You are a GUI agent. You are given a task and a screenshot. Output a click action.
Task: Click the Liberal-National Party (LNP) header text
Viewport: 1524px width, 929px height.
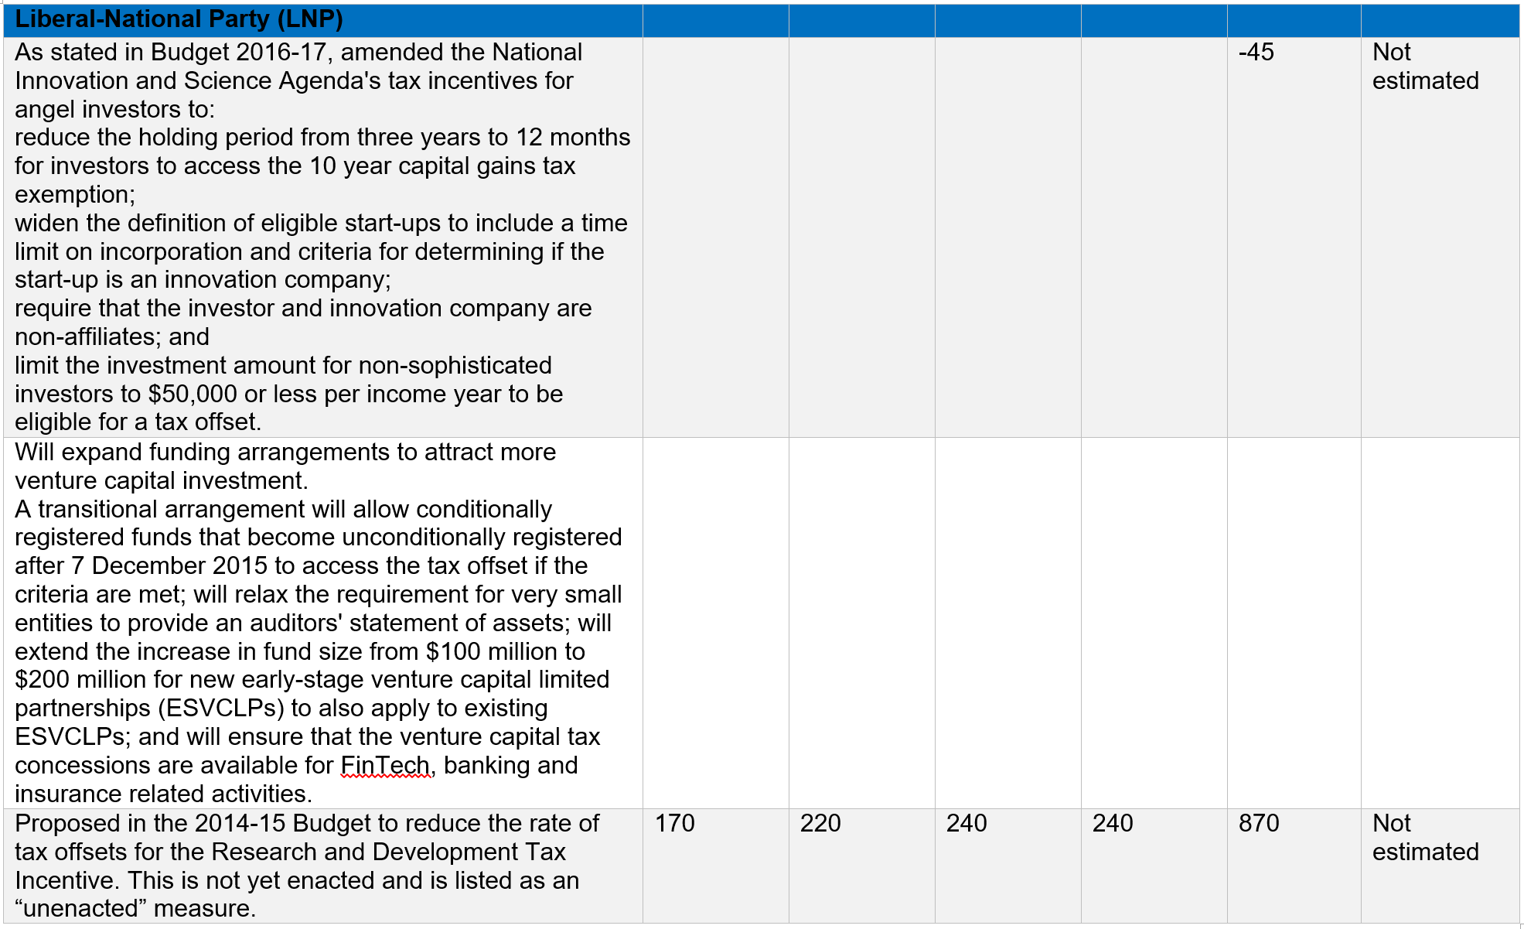(179, 19)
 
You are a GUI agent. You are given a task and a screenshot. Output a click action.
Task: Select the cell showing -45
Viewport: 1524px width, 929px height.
(1256, 53)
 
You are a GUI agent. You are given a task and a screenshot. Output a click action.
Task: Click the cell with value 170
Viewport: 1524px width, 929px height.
(674, 823)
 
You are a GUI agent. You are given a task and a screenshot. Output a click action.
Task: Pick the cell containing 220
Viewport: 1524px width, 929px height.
(820, 823)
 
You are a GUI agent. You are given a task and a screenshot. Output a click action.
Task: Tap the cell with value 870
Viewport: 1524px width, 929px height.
(1258, 823)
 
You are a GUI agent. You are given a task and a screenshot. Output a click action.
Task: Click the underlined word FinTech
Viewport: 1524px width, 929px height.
(385, 765)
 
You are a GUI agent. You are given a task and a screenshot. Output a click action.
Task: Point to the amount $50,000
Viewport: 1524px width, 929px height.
(193, 394)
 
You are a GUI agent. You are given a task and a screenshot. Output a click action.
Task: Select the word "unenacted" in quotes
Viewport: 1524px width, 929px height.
(80, 908)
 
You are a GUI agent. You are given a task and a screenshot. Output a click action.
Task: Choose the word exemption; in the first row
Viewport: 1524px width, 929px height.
(75, 194)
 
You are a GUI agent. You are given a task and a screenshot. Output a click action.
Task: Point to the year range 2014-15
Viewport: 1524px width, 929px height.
(243, 823)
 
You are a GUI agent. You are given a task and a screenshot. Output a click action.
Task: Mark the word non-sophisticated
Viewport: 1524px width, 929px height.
(455, 365)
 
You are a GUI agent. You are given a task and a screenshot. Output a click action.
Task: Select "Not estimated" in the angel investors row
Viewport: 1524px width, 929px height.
(1424, 67)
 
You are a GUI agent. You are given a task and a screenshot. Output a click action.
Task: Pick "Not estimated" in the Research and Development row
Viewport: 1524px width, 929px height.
(1424, 837)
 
